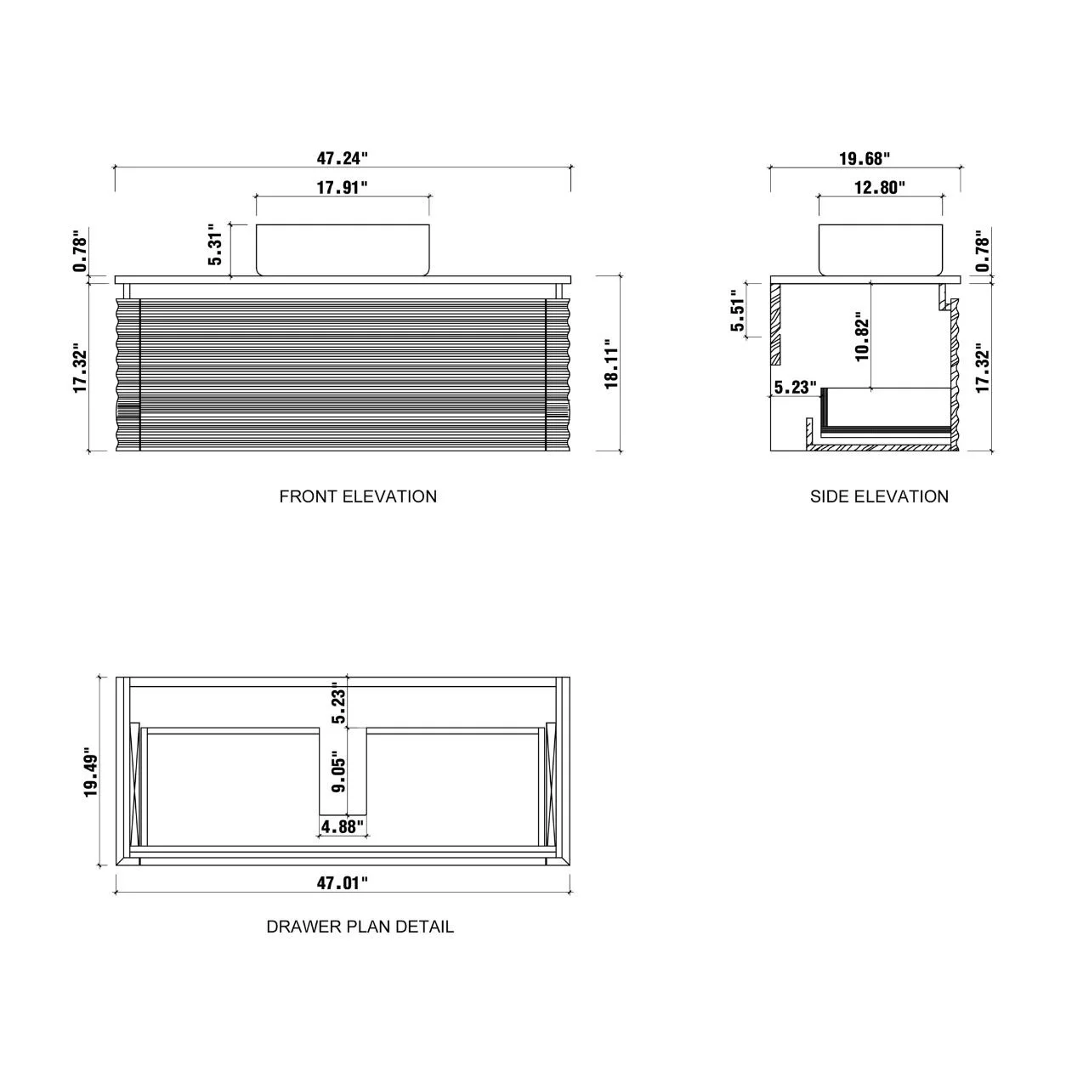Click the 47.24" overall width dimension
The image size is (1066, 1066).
click(342, 158)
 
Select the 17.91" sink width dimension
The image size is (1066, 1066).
click(342, 188)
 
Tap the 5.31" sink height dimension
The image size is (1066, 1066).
click(214, 244)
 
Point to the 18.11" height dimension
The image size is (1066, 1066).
click(610, 364)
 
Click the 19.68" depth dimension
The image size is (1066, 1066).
click(864, 159)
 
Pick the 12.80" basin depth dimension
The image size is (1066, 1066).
click(880, 188)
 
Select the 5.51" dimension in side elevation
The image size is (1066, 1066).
click(738, 310)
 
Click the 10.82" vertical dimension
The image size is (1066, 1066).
click(862, 337)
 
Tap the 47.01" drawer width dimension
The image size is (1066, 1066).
click(342, 883)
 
